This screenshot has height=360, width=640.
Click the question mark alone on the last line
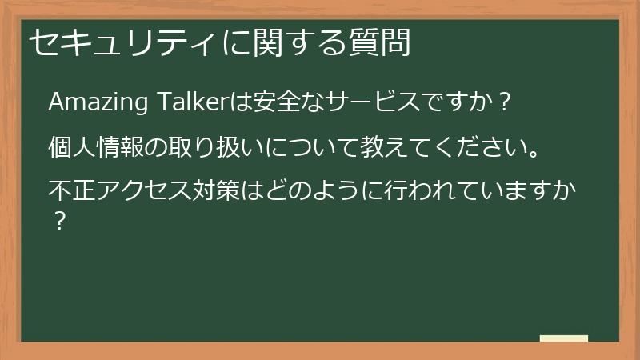pos(58,221)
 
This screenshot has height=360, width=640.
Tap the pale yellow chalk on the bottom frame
pos(564,338)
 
